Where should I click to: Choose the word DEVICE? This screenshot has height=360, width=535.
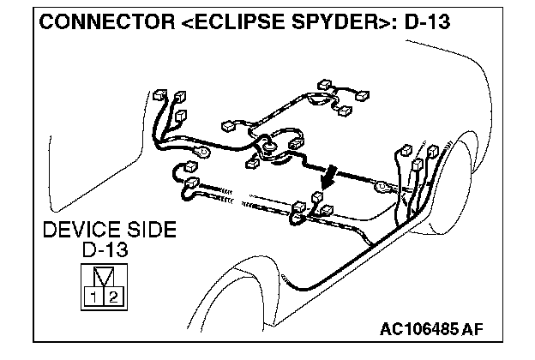click(x=82, y=231)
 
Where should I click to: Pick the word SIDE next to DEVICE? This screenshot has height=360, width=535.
click(x=151, y=231)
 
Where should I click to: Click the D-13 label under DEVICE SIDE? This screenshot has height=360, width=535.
click(x=105, y=250)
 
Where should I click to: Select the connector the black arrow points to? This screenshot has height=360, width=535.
click(x=317, y=197)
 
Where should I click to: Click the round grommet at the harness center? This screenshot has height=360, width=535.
click(x=270, y=147)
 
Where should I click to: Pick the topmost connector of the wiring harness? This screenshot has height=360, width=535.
click(x=324, y=86)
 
